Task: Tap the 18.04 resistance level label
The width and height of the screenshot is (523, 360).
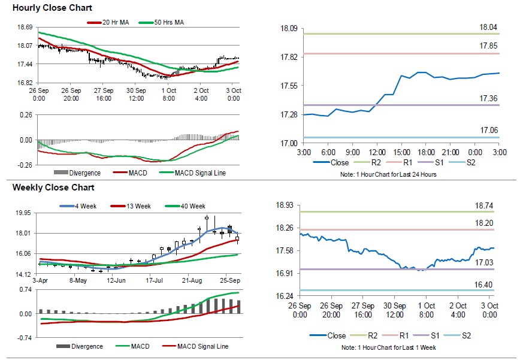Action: coord(488,28)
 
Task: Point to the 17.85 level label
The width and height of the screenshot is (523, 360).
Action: coord(488,46)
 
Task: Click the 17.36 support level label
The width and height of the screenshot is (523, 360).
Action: coord(488,98)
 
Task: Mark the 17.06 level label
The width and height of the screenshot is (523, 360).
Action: coord(488,130)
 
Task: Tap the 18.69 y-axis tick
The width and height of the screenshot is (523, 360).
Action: coord(25,28)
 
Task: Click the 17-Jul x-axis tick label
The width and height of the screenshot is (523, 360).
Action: coord(155,280)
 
